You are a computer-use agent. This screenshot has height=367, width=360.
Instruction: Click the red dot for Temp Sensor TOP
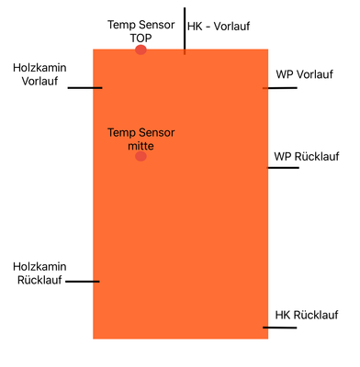[141, 50]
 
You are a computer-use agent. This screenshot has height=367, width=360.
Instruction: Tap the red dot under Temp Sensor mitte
[141, 157]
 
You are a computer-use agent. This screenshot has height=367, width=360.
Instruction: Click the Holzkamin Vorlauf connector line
[85, 88]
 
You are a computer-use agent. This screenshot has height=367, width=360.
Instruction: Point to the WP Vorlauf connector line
[280, 88]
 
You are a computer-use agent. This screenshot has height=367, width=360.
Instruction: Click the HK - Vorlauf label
[219, 28]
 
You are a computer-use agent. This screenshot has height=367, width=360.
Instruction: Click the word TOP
[141, 38]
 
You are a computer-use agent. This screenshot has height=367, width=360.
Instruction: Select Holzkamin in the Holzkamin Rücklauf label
[39, 266]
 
